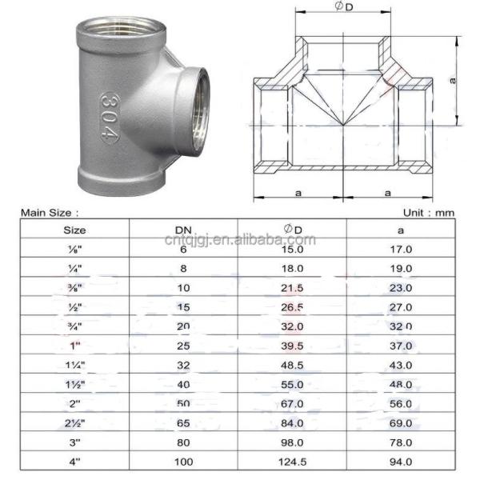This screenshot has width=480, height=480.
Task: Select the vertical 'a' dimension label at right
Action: point(453,81)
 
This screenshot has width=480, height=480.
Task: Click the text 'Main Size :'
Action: point(50,213)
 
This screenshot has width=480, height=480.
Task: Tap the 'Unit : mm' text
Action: point(428,213)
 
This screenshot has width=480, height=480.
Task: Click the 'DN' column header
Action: point(183,229)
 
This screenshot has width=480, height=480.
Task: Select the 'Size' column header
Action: point(74,229)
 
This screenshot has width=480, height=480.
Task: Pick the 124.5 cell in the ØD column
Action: point(292,462)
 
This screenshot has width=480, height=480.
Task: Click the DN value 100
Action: point(183,462)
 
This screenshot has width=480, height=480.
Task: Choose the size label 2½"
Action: point(74,423)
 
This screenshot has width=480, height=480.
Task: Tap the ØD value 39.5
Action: point(292,346)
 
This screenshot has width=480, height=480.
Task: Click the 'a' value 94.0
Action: point(400,462)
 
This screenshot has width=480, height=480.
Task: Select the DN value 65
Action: point(183,423)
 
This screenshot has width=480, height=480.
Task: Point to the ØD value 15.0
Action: point(292,250)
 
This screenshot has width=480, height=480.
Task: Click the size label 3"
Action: point(74,442)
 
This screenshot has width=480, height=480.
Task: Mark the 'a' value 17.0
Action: point(400,250)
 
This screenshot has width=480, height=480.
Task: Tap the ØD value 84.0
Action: point(292,423)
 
